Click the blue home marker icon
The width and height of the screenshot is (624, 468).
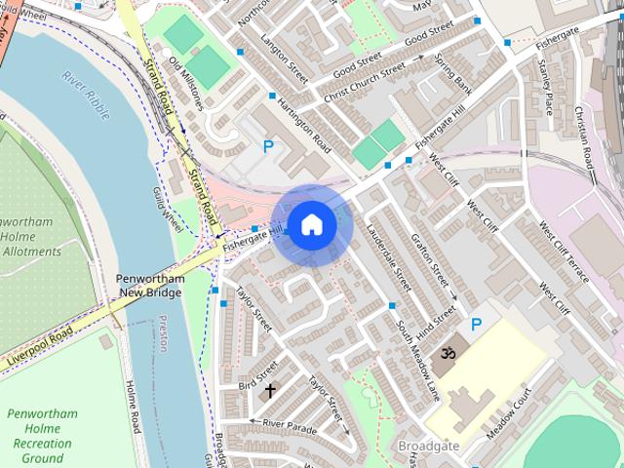tap(311, 224)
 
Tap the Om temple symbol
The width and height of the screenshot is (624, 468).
tap(449, 351)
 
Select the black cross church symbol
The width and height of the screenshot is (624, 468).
tap(270, 391)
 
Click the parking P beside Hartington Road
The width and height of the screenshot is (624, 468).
tap(268, 147)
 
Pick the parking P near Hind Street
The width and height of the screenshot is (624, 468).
tap(477, 325)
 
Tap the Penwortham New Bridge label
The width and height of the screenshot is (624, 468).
tap(151, 286)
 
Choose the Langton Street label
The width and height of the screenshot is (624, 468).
tap(284, 55)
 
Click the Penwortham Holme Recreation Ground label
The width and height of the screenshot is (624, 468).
tap(41, 436)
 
